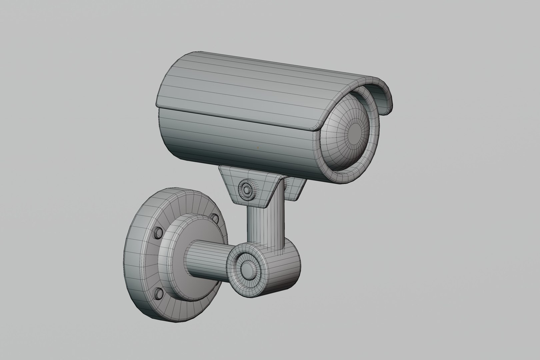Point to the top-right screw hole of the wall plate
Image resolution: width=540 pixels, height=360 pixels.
(214, 218)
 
